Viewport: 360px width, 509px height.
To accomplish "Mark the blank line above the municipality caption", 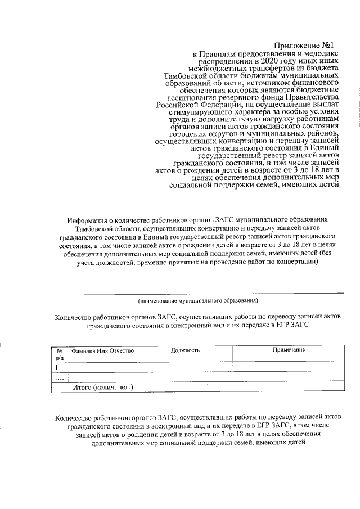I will (197, 292).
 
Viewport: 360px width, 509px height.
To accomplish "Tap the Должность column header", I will (186, 350).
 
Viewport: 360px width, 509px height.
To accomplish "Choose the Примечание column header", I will (289, 350).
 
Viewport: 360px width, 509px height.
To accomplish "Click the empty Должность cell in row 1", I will (186, 367).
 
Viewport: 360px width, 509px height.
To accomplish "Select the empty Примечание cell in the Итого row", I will (289, 388).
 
